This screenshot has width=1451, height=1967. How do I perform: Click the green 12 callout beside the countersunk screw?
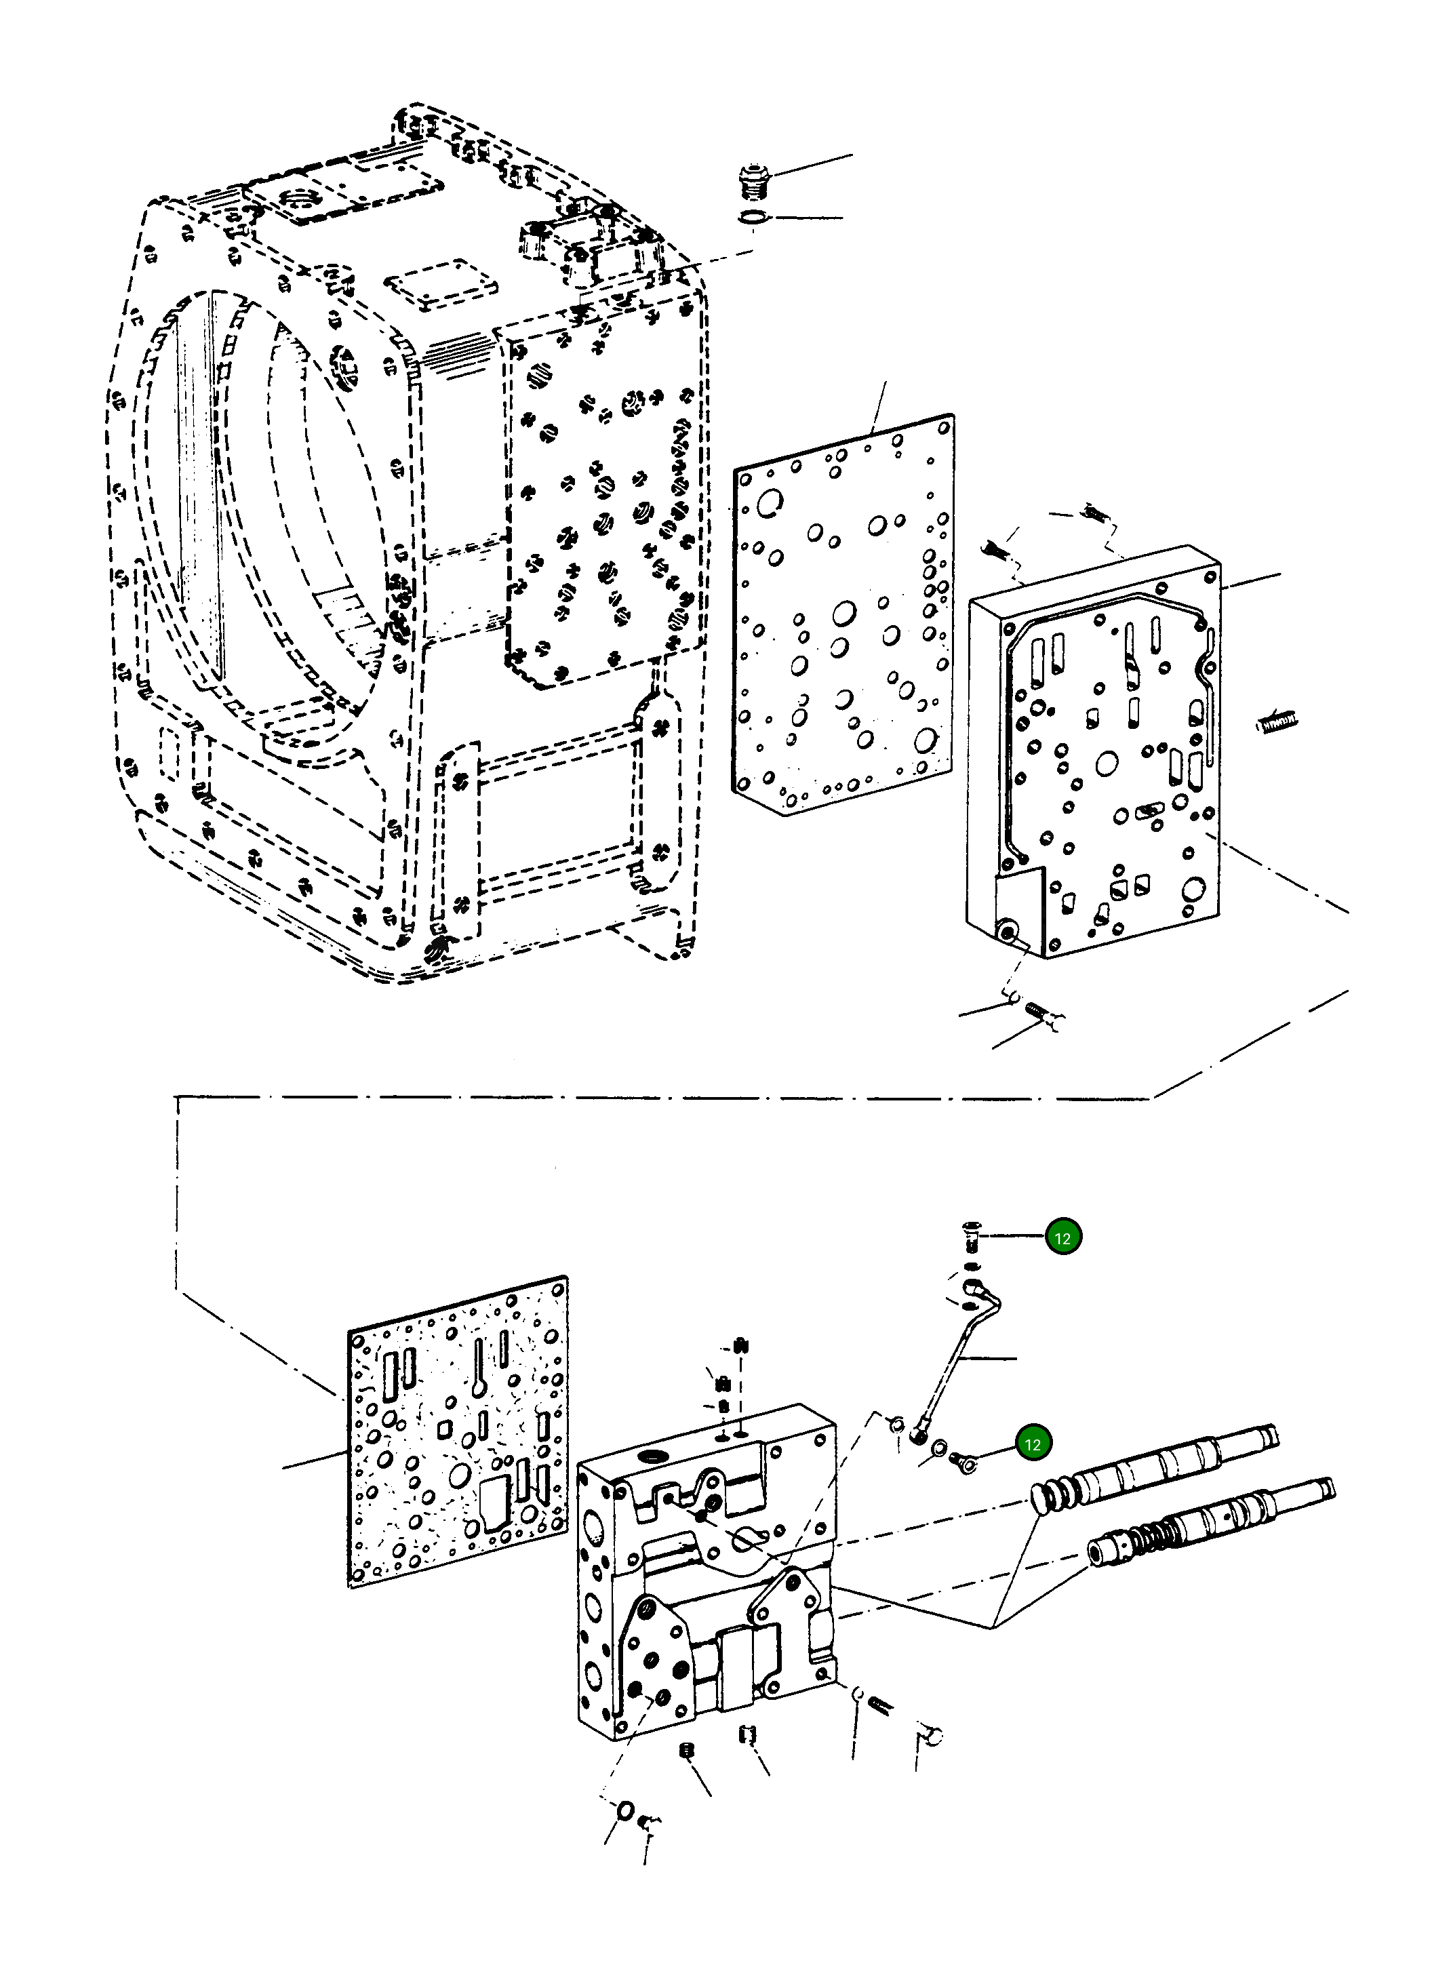(x=1062, y=1237)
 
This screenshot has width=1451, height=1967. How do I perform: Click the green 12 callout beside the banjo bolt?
(x=1033, y=1444)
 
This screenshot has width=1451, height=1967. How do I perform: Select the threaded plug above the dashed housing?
(x=753, y=182)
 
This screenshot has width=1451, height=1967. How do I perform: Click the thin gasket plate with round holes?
(x=843, y=615)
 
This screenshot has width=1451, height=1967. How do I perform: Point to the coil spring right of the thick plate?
(x=1275, y=723)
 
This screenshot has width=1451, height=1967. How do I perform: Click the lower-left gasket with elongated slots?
(x=457, y=1431)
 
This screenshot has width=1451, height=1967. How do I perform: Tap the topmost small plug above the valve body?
(x=740, y=1345)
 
